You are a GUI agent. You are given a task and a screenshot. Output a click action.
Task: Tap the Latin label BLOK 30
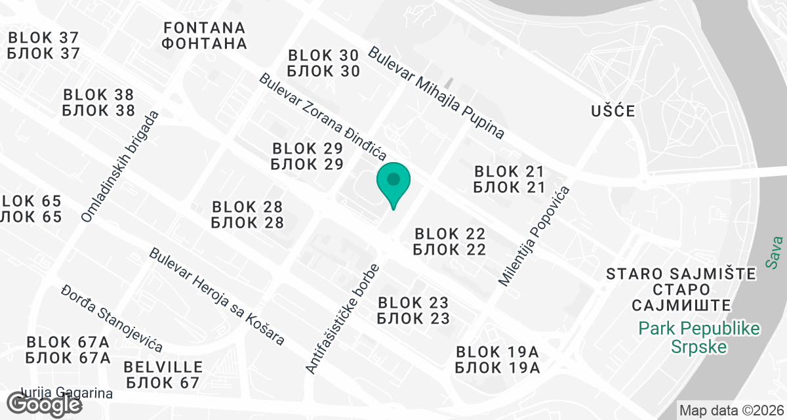(323, 55)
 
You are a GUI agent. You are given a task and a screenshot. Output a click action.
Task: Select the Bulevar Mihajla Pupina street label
(437, 93)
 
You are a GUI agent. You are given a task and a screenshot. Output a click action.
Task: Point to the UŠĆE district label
(611, 110)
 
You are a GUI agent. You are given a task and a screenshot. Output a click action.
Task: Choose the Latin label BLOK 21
(510, 171)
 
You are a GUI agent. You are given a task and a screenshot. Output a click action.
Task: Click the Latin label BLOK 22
(449, 234)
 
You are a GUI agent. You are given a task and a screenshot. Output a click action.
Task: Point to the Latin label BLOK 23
(413, 303)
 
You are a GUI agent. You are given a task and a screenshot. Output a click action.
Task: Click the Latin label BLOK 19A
(497, 351)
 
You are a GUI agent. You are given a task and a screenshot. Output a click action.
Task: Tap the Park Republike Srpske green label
(699, 337)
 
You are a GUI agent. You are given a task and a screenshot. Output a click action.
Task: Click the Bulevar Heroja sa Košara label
(216, 297)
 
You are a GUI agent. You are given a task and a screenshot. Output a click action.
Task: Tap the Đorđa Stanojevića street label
(111, 319)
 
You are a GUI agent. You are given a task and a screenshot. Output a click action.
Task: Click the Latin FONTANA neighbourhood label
(205, 28)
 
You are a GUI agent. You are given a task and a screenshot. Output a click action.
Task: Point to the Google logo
(45, 403)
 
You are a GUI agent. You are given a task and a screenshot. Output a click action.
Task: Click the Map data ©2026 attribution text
(730, 411)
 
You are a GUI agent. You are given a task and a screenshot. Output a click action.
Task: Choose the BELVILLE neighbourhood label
(163, 366)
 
